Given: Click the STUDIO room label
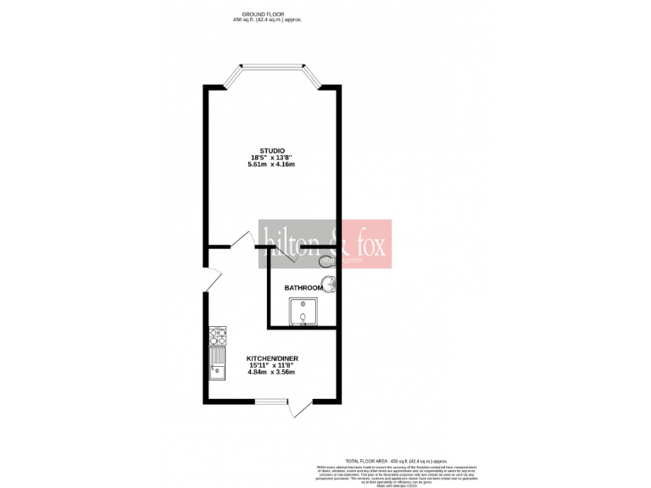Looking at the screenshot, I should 272,150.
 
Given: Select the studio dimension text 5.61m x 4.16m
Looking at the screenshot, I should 272,165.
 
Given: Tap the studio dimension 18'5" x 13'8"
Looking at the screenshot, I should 272,158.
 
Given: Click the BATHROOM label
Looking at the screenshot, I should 303,288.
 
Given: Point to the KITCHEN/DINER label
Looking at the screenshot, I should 272,358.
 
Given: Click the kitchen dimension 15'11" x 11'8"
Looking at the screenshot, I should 272,365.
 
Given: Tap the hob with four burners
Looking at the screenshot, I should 217,336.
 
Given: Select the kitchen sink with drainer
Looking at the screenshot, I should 217,363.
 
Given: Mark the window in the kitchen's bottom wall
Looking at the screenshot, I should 272,401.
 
